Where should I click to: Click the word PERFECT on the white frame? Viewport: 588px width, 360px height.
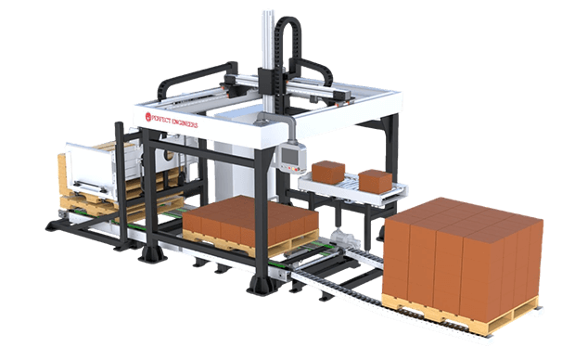(161, 120)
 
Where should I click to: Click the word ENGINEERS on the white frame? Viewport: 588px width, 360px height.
(185, 123)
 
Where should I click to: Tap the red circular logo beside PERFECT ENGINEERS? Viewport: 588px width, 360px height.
(148, 117)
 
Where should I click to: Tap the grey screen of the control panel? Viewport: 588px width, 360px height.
(289, 157)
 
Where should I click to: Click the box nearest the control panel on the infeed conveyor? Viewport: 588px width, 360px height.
(328, 173)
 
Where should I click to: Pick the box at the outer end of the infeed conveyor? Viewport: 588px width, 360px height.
(375, 182)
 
